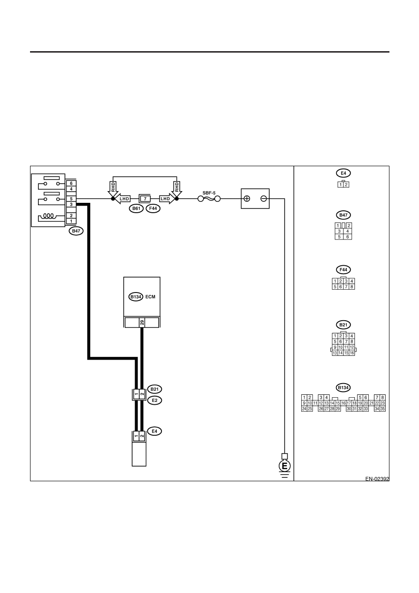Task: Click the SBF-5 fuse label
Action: click(209, 193)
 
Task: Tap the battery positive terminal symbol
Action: click(246, 199)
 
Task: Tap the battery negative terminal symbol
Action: click(264, 199)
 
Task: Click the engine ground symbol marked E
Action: click(285, 466)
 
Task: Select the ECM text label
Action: click(150, 297)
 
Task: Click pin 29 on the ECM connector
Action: click(142, 323)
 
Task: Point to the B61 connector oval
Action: click(136, 208)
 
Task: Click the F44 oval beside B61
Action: click(153, 208)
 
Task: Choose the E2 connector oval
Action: click(154, 400)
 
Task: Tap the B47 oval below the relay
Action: click(76, 231)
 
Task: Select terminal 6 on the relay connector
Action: click(71, 183)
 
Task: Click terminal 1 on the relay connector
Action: click(71, 221)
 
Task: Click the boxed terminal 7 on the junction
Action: click(145, 199)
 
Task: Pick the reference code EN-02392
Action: click(377, 478)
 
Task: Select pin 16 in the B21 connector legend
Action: click(352, 353)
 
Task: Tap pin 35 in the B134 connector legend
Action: click(382, 409)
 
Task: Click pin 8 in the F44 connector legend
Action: click(352, 287)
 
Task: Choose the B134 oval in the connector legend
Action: click(343, 387)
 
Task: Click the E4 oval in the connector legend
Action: click(343, 173)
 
